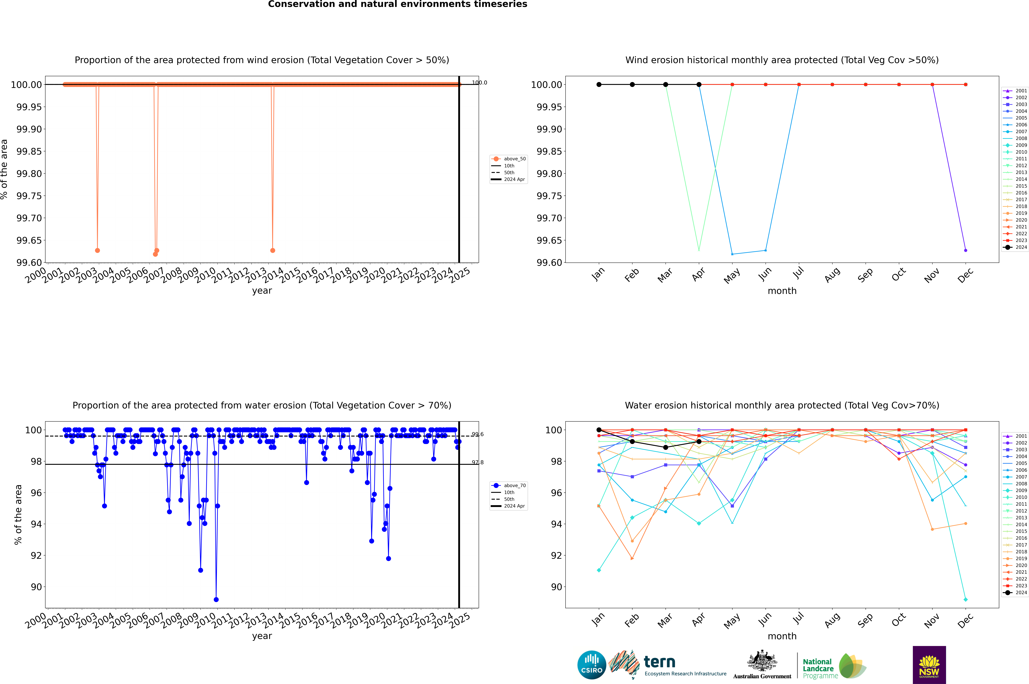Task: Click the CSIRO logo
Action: click(591, 665)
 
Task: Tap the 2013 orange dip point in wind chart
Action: click(273, 250)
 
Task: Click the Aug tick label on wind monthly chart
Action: click(832, 275)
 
